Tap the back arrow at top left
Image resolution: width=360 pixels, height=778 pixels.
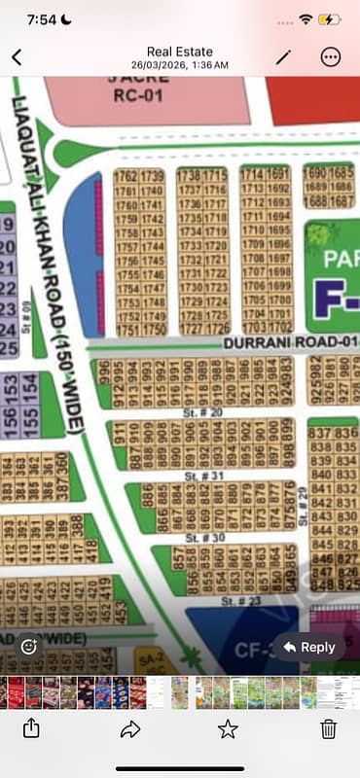pyautogui.click(x=17, y=57)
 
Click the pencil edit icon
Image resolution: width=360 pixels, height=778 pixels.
pyautogui.click(x=283, y=56)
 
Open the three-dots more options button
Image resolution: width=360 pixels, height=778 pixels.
pyautogui.click(x=331, y=56)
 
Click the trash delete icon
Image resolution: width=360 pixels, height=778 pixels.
pyautogui.click(x=329, y=727)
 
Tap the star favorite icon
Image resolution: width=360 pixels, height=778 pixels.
pyautogui.click(x=228, y=727)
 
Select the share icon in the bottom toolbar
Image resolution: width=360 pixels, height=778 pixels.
pyautogui.click(x=31, y=727)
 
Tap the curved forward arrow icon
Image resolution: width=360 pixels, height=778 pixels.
pyautogui.click(x=129, y=727)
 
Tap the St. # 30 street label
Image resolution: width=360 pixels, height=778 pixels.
pyautogui.click(x=199, y=537)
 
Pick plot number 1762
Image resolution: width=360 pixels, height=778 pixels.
pyautogui.click(x=126, y=175)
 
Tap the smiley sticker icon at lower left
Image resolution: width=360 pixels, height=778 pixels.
pyautogui.click(x=29, y=645)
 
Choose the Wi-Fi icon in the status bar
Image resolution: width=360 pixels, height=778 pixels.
pyautogui.click(x=306, y=18)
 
